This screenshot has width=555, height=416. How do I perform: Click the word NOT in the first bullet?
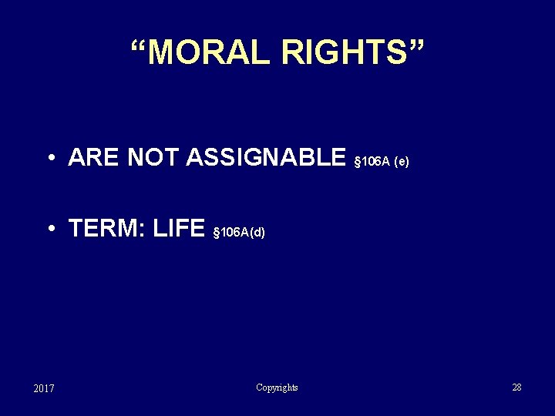[153, 158]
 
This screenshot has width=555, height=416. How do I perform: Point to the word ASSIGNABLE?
[266, 158]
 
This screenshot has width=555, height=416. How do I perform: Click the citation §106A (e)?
[381, 162]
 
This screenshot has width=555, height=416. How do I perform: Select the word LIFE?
[179, 229]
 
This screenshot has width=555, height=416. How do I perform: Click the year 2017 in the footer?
[44, 388]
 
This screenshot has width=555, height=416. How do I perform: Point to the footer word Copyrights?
[277, 387]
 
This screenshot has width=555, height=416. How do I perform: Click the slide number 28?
[516, 387]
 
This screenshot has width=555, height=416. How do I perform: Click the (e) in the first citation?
[402, 162]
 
